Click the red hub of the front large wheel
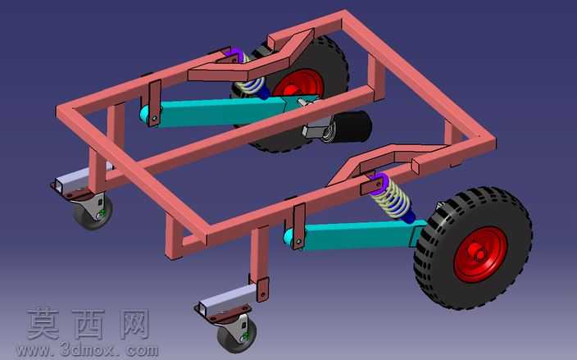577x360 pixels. point(480,254)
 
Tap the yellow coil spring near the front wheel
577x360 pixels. point(391,198)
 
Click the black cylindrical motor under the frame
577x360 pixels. point(351,126)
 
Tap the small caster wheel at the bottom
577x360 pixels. point(235,335)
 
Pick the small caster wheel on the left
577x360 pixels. point(93,212)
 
